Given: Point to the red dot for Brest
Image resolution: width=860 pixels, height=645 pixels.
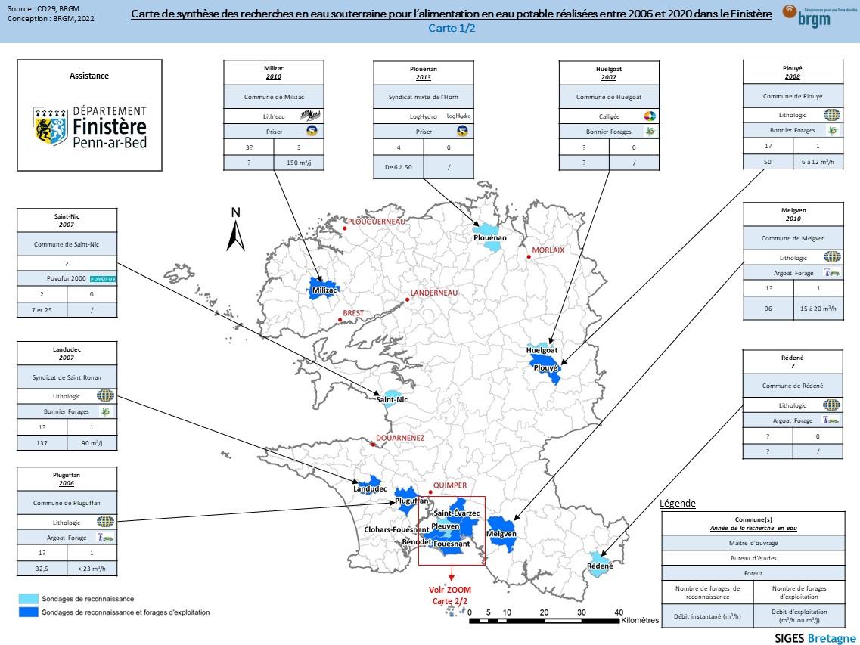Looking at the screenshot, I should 340,321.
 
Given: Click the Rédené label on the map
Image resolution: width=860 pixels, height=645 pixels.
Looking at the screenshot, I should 600,566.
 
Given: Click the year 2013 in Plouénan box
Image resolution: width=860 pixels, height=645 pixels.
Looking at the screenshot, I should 424,77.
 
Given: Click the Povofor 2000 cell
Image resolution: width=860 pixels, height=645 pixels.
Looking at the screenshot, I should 67,278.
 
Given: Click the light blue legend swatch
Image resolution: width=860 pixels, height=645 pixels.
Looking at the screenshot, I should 29,598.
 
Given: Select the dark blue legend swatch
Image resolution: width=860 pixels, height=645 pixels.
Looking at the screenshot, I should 29,612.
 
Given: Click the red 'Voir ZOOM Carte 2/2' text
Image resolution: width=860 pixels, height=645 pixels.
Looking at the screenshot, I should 450,594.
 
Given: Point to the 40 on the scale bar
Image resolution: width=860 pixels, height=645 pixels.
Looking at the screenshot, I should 618,612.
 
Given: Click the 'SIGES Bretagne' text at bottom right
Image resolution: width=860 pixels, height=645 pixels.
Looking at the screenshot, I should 815,637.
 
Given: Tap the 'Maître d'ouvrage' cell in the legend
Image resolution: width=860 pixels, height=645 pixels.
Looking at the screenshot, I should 753,542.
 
